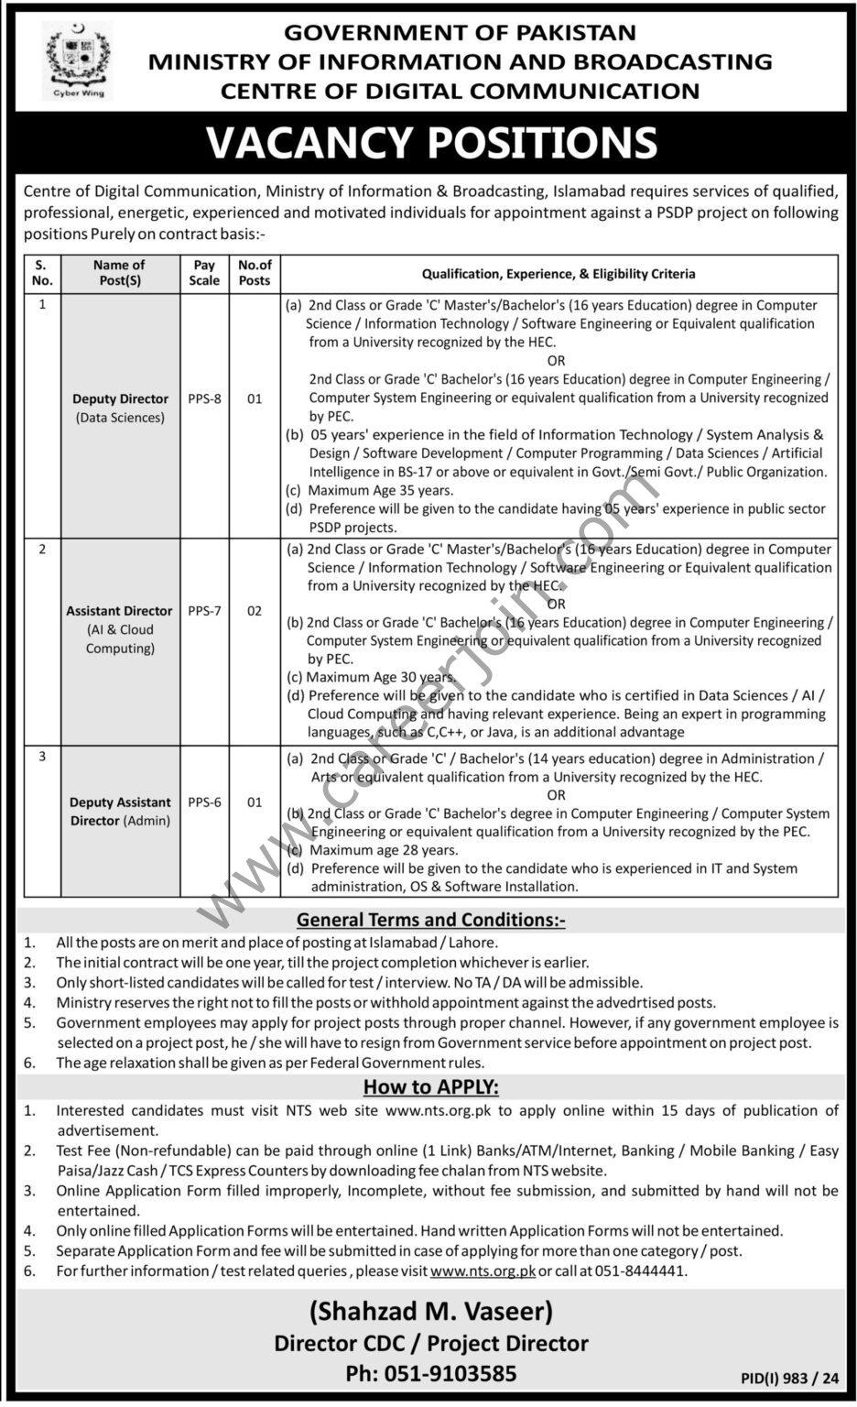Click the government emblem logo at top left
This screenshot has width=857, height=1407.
73,62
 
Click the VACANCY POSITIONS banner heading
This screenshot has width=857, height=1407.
431,143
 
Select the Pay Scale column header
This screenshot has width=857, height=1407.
204,273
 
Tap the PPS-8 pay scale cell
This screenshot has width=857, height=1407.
204,398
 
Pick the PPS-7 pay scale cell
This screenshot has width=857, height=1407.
204,610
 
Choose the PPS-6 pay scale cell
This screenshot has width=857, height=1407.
204,802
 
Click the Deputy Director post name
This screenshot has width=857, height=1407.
121,399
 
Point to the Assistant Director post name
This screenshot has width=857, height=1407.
119,611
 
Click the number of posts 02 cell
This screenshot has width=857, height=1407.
255,610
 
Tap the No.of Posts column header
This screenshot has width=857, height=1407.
255,273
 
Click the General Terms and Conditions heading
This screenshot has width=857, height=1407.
430,920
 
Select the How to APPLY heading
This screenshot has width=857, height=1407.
430,1087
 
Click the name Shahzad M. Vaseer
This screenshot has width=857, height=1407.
431,1312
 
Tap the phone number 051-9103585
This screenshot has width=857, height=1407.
431,1373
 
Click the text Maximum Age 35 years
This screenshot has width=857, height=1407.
381,490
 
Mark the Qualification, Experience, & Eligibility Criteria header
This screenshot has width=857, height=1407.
559,273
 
